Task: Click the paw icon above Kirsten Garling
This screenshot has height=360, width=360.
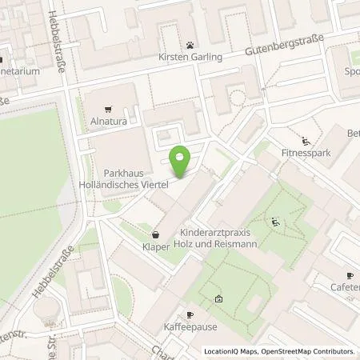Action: (190, 46)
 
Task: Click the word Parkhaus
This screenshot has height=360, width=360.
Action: (122, 173)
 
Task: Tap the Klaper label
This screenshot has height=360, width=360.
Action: (156, 248)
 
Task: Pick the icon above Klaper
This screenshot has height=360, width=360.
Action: (156, 234)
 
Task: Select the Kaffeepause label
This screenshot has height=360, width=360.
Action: (190, 327)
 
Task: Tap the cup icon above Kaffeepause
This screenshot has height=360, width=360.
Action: (190, 314)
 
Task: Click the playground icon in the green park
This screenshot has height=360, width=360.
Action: (276, 222)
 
